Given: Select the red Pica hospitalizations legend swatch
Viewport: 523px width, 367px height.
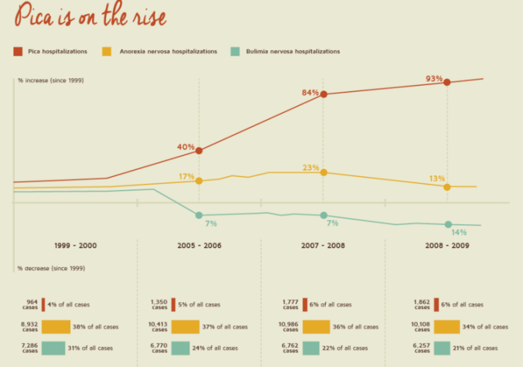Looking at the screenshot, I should [x=17, y=51].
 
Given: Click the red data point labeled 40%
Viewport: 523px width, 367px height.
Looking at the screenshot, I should [x=199, y=151].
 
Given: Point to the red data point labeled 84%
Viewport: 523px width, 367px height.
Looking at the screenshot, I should [x=323, y=94].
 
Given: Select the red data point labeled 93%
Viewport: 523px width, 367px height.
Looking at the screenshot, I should [x=447, y=81].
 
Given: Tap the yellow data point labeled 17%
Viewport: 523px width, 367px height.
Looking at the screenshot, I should [x=199, y=181].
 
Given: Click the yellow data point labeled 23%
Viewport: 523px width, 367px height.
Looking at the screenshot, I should [x=323, y=172].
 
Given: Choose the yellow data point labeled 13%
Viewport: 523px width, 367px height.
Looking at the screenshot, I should [x=447, y=186].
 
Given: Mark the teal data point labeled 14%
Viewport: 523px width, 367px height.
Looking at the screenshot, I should [x=447, y=224].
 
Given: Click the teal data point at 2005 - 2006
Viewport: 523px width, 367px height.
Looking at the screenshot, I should [x=199, y=215].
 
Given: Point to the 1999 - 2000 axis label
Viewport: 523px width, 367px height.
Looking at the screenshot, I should [x=76, y=245].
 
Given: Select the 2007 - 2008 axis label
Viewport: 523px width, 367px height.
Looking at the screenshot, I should [x=323, y=245].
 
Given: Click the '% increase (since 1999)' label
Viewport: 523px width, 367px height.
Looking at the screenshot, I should [x=50, y=80].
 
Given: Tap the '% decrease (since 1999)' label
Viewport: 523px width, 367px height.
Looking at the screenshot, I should [x=50, y=268].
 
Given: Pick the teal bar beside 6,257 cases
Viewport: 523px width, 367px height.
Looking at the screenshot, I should [x=447, y=348].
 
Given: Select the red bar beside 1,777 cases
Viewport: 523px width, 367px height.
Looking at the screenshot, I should [x=306, y=304].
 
